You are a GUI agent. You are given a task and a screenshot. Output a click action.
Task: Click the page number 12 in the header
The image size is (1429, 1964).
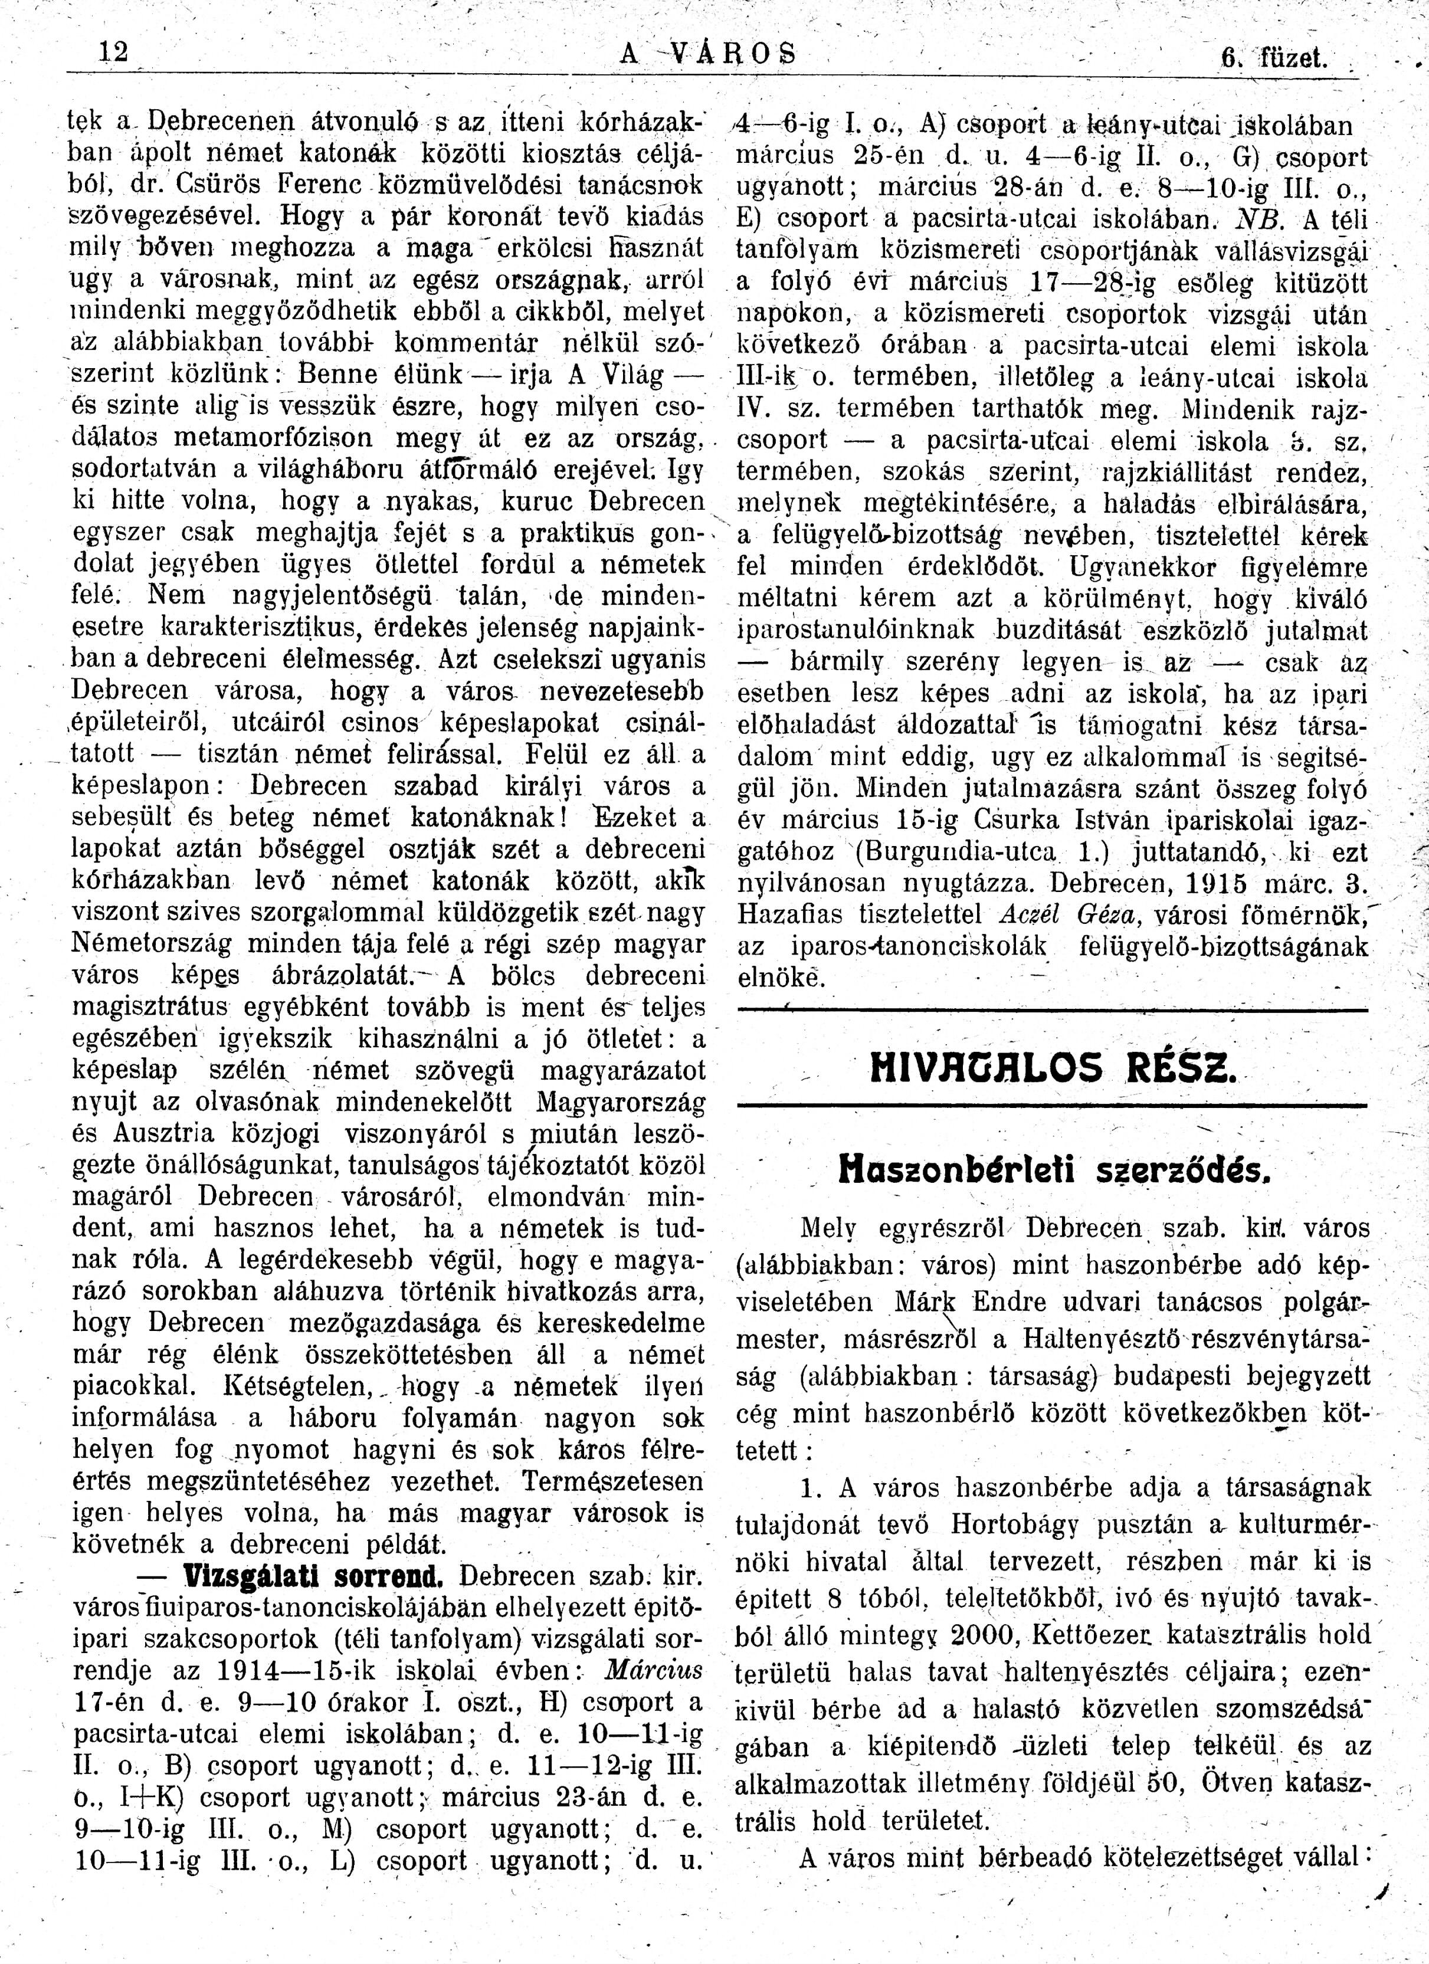coord(113,54)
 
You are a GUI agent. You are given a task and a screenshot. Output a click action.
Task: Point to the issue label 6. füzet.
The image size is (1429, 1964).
coord(1274,60)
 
